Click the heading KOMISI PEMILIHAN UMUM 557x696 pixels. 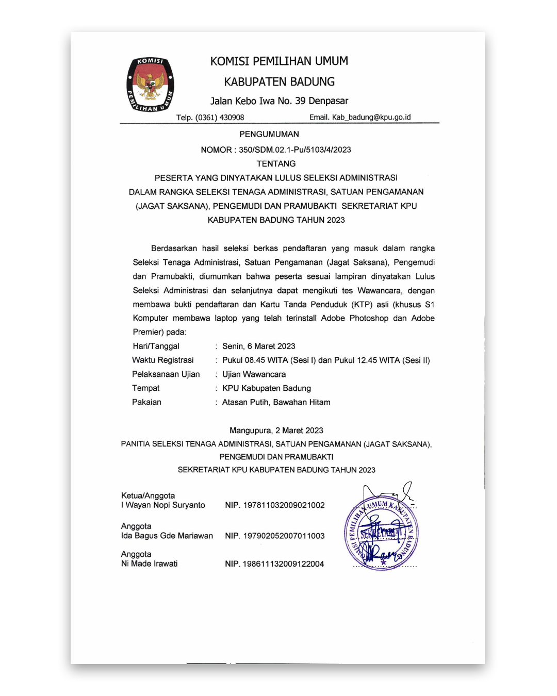(x=279, y=61)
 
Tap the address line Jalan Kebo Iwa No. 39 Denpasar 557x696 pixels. (x=279, y=101)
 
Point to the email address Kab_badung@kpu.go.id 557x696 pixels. (x=371, y=117)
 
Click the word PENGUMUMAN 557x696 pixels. (x=269, y=134)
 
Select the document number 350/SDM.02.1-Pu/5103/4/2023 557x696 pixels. (x=294, y=150)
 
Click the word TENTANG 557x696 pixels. (x=276, y=164)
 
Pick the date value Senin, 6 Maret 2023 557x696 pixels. (x=259, y=346)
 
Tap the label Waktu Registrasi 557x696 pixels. (x=163, y=360)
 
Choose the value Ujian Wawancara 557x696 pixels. (x=254, y=374)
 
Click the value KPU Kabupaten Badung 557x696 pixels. (x=267, y=388)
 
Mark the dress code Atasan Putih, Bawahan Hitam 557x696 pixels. (x=276, y=402)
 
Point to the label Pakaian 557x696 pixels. (x=146, y=402)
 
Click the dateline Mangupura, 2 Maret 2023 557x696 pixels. (x=276, y=430)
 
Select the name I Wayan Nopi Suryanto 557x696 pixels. (x=163, y=505)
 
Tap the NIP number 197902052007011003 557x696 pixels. (x=284, y=536)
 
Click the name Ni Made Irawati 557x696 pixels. (x=150, y=564)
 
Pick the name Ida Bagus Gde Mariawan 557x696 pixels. (x=167, y=536)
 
